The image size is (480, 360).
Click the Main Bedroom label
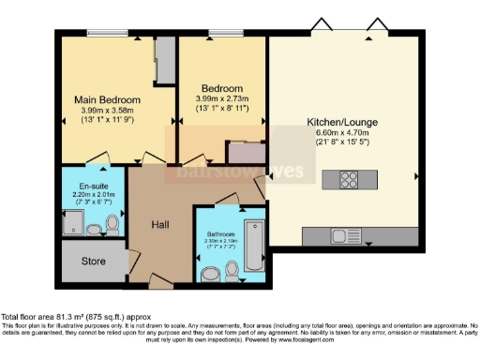(108, 99)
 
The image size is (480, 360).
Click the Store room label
(94, 261)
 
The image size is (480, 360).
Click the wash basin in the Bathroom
(233, 272)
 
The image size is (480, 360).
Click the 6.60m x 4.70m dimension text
(342, 133)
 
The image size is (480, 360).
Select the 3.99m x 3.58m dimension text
(108, 111)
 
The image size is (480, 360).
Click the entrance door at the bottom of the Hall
(161, 281)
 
